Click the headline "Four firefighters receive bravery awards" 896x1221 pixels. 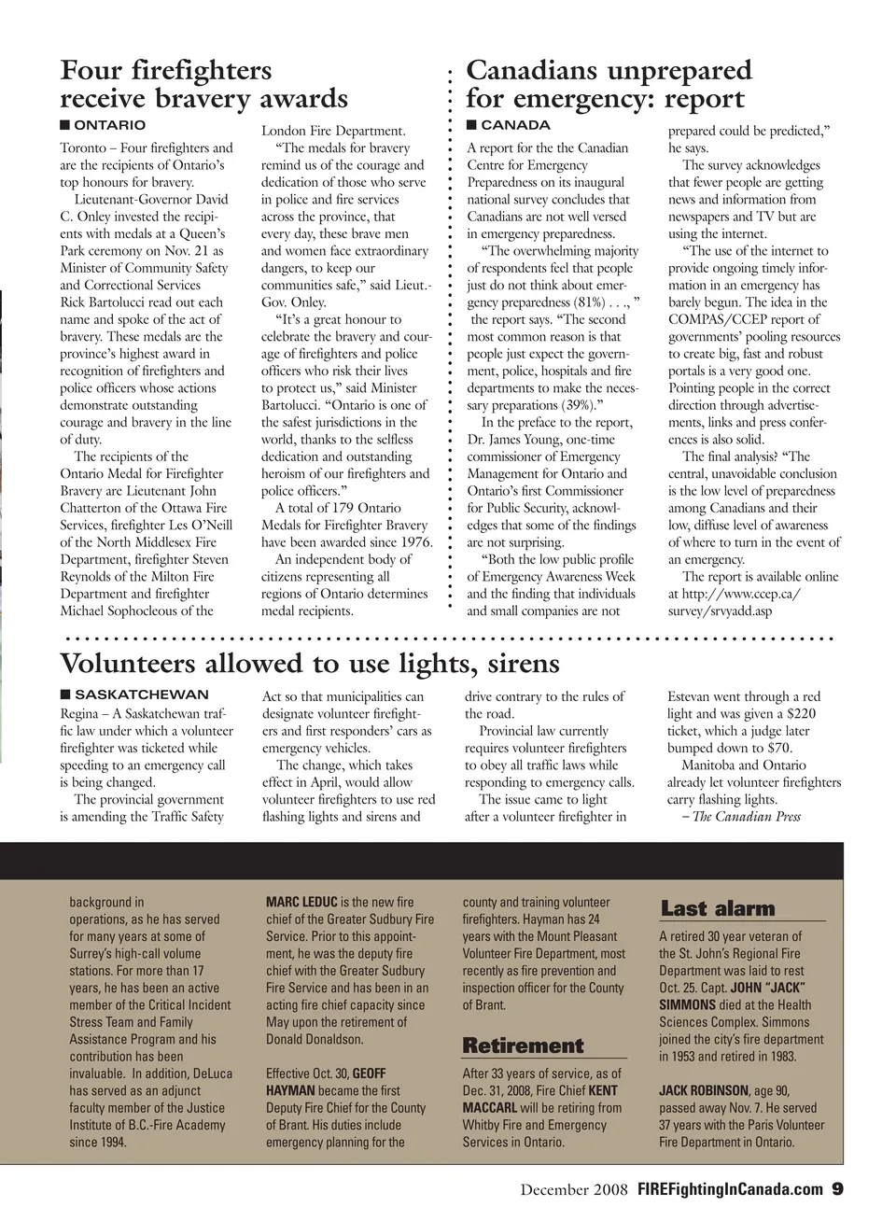coord(203,84)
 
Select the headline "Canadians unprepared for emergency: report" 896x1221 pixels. coord(608,84)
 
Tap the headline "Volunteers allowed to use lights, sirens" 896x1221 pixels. coord(309,664)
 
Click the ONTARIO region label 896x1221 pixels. coord(109,125)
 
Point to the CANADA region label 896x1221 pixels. coord(514,125)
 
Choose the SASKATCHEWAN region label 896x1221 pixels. coord(141,695)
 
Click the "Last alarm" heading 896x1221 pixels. coord(717,908)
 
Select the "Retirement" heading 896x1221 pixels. coord(523,1046)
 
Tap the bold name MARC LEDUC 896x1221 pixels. coord(301,903)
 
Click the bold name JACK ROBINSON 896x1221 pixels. coord(704,1090)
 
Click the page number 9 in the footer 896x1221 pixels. coord(837,1189)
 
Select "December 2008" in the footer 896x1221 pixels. coord(575,1189)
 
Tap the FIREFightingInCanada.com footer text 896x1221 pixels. coord(730,1189)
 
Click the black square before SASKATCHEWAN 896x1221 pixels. coord(65,695)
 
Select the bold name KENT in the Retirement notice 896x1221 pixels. coord(604,1090)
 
